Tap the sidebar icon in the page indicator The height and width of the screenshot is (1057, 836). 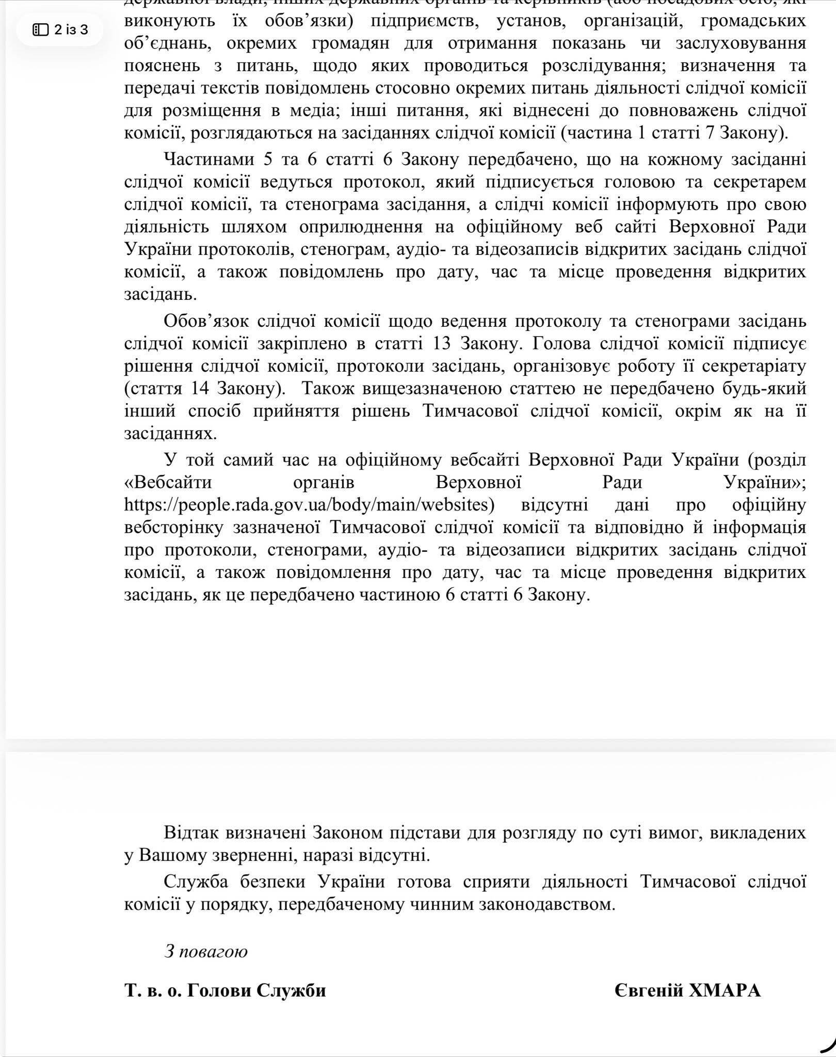[40, 30]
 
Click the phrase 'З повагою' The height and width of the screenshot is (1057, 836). [205, 951]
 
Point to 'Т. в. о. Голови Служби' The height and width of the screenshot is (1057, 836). [225, 990]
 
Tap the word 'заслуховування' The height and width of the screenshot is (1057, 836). [740, 43]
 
